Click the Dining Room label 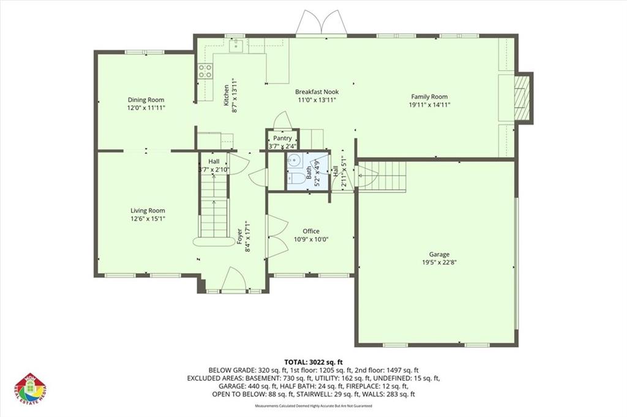(146, 100)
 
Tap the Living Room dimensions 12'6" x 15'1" (148, 218)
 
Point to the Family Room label (429, 97)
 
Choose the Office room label (311, 231)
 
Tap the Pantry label (282, 138)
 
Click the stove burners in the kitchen (205, 71)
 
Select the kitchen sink (236, 44)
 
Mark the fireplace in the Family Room (522, 98)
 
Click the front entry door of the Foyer (233, 280)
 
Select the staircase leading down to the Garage (383, 176)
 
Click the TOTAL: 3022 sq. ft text (313, 361)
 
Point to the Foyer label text (240, 237)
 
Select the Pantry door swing (282, 121)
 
